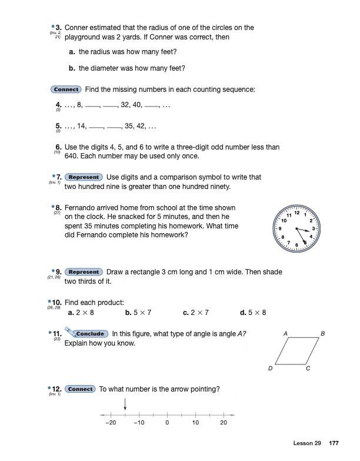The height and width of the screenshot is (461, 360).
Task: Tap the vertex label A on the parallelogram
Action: click(x=285, y=334)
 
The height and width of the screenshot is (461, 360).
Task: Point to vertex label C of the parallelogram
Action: click(x=308, y=369)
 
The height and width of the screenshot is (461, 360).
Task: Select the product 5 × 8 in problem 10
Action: click(x=257, y=312)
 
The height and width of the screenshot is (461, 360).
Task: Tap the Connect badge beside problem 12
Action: click(x=80, y=389)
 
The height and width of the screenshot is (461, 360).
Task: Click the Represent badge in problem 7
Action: click(x=84, y=177)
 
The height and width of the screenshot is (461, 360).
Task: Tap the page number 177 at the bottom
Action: click(x=334, y=443)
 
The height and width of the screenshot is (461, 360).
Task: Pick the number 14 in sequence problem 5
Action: click(x=81, y=126)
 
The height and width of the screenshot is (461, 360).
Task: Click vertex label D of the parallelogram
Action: click(x=270, y=369)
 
